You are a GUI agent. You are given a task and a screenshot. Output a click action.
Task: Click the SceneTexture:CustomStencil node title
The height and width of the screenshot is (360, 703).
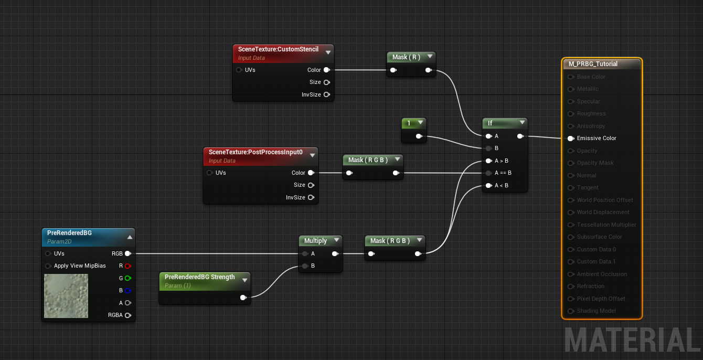point(278,49)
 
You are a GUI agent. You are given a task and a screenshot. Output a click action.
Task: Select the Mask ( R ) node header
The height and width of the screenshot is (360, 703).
point(406,57)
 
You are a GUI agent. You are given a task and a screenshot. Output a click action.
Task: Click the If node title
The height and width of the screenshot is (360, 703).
point(491,123)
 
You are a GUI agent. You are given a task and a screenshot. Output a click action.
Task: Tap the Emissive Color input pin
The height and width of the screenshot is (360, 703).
point(571,139)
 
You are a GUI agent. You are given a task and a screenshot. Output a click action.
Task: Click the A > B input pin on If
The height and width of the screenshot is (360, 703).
point(488,161)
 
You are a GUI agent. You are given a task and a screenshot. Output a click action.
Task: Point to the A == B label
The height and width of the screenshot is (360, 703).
point(503,173)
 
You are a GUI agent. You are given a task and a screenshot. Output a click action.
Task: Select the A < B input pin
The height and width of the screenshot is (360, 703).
point(488,185)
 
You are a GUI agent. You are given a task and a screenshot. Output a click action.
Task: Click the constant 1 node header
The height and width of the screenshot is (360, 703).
point(409,123)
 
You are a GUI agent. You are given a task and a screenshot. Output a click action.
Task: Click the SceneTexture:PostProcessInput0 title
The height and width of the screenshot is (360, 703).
point(255,152)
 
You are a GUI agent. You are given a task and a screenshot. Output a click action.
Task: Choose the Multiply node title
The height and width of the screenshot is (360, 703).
point(315,241)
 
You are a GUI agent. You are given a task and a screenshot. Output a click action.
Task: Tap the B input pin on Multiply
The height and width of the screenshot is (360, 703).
point(305,266)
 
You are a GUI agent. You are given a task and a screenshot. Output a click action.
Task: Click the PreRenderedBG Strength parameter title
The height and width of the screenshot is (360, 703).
point(199,277)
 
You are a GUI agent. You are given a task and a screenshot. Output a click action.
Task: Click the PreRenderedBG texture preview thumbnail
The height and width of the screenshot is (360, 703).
point(66,296)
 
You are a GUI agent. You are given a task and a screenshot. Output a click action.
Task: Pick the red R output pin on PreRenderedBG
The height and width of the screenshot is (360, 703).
point(127,266)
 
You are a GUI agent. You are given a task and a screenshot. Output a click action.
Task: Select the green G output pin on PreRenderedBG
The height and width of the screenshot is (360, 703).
point(127,278)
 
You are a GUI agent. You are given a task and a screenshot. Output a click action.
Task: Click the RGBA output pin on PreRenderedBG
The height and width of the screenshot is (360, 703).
point(127,315)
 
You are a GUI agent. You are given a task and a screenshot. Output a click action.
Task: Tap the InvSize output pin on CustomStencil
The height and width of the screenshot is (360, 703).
point(326,94)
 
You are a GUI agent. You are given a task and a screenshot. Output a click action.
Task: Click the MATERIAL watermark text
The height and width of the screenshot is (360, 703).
point(632,340)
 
